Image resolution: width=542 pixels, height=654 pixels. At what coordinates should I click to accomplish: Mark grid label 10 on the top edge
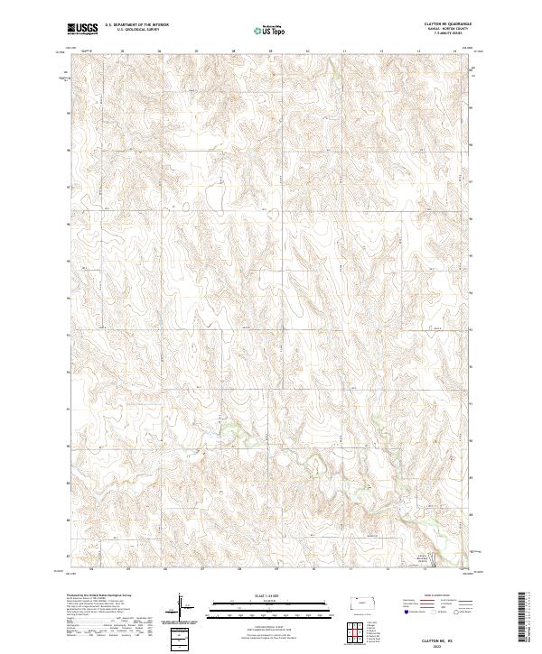click(x=307, y=51)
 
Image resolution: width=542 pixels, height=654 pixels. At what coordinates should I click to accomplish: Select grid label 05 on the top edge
click(x=122, y=51)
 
